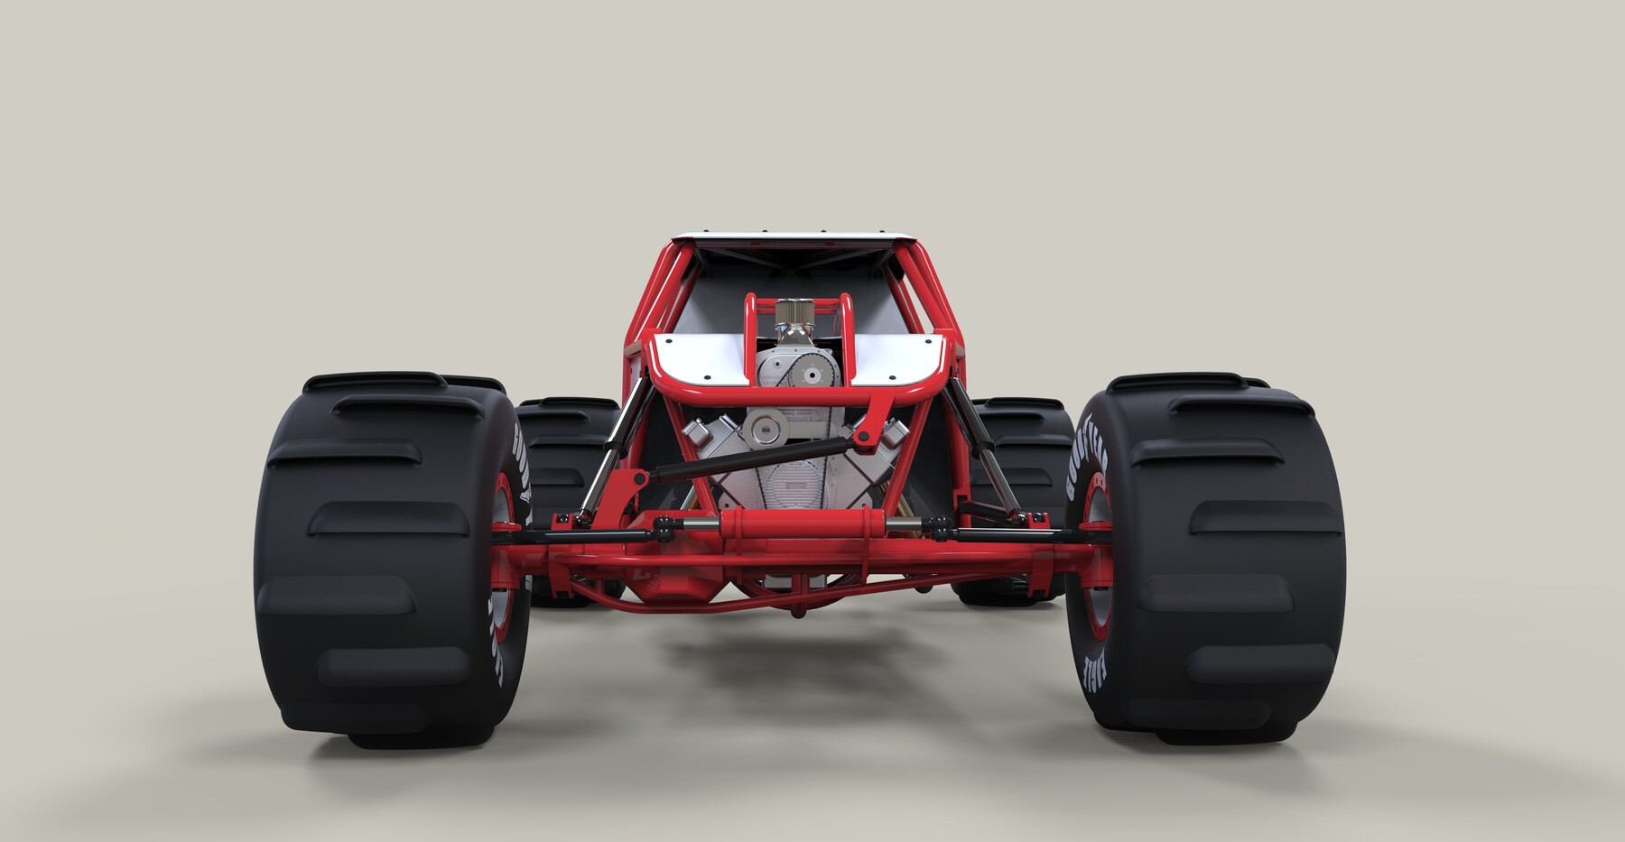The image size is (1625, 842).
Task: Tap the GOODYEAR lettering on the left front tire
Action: point(522,469)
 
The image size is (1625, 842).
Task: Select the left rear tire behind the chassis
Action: point(555,451)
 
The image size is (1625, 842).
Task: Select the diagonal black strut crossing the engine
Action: point(758,456)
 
